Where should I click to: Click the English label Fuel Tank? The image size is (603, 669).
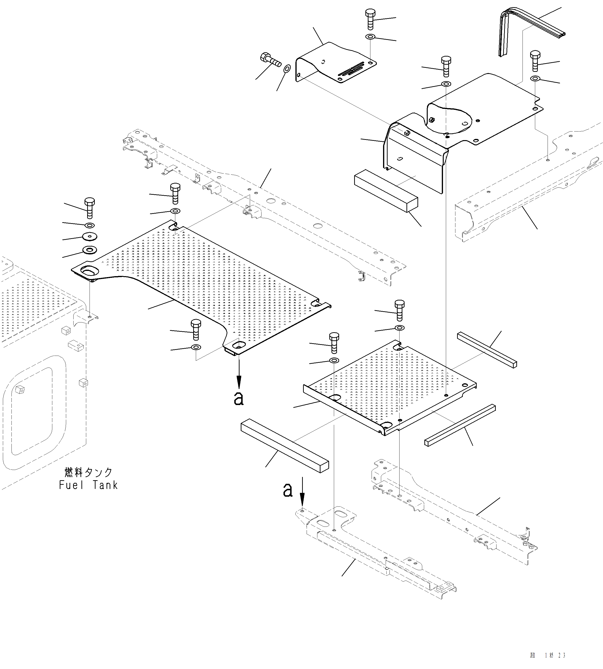coord(88,485)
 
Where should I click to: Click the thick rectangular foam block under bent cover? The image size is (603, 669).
coord(386,190)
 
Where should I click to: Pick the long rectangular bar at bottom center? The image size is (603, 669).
coord(285,445)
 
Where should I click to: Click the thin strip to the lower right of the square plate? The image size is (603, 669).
coord(460,425)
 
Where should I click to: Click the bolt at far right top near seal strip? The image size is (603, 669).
coord(535,60)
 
